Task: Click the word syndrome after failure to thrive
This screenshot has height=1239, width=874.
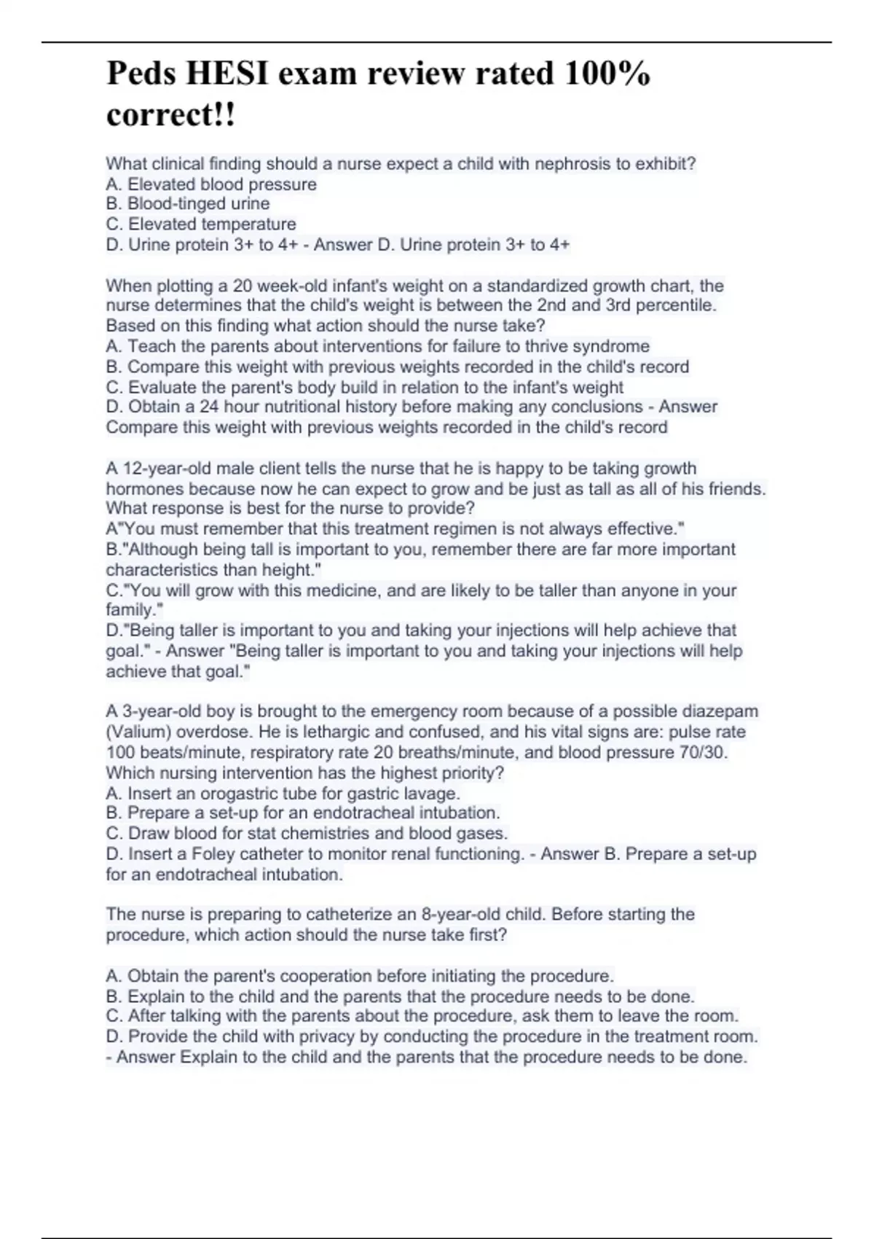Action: [609, 346]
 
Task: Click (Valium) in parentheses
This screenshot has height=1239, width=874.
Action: [138, 732]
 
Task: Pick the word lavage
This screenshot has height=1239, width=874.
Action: [433, 793]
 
